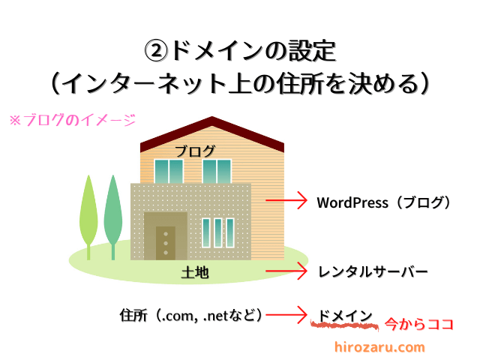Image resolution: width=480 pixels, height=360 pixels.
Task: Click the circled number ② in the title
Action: tap(156, 51)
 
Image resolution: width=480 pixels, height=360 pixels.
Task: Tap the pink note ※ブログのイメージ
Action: tap(73, 120)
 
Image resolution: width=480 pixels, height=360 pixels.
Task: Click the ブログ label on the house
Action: tap(195, 151)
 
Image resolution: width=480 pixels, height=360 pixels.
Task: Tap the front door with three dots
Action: tap(166, 243)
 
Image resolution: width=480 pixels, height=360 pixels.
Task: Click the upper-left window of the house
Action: tap(169, 172)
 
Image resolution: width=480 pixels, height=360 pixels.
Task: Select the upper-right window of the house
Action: tap(217, 172)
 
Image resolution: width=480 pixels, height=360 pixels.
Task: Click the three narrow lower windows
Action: tap(218, 232)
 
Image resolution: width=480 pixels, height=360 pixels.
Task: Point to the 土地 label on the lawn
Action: tap(195, 272)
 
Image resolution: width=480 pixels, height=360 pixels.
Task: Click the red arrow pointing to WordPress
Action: tap(286, 200)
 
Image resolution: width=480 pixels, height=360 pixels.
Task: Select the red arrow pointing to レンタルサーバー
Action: tap(286, 271)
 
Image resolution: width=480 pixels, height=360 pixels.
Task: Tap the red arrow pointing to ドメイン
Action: tap(286, 314)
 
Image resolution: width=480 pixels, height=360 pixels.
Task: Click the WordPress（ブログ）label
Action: tap(383, 202)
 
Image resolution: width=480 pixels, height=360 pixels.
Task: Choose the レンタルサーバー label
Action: tap(373, 271)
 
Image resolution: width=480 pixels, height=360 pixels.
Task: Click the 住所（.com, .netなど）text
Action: tap(191, 315)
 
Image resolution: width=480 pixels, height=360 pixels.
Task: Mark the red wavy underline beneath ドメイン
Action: tap(345, 325)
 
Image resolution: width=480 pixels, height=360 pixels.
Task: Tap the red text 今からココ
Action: tap(418, 324)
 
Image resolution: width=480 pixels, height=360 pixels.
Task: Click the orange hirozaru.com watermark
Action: tap(379, 347)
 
